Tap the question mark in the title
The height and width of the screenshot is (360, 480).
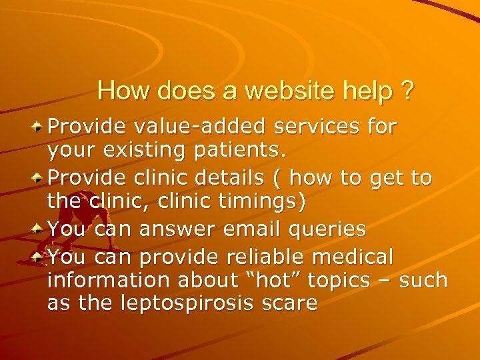[x=406, y=91]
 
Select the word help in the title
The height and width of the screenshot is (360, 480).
[x=367, y=91]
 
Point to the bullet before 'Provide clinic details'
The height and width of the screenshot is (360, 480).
[x=39, y=177]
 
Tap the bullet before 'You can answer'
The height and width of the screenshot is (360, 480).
[x=39, y=229]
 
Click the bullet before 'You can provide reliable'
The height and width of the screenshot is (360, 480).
[x=39, y=255]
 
